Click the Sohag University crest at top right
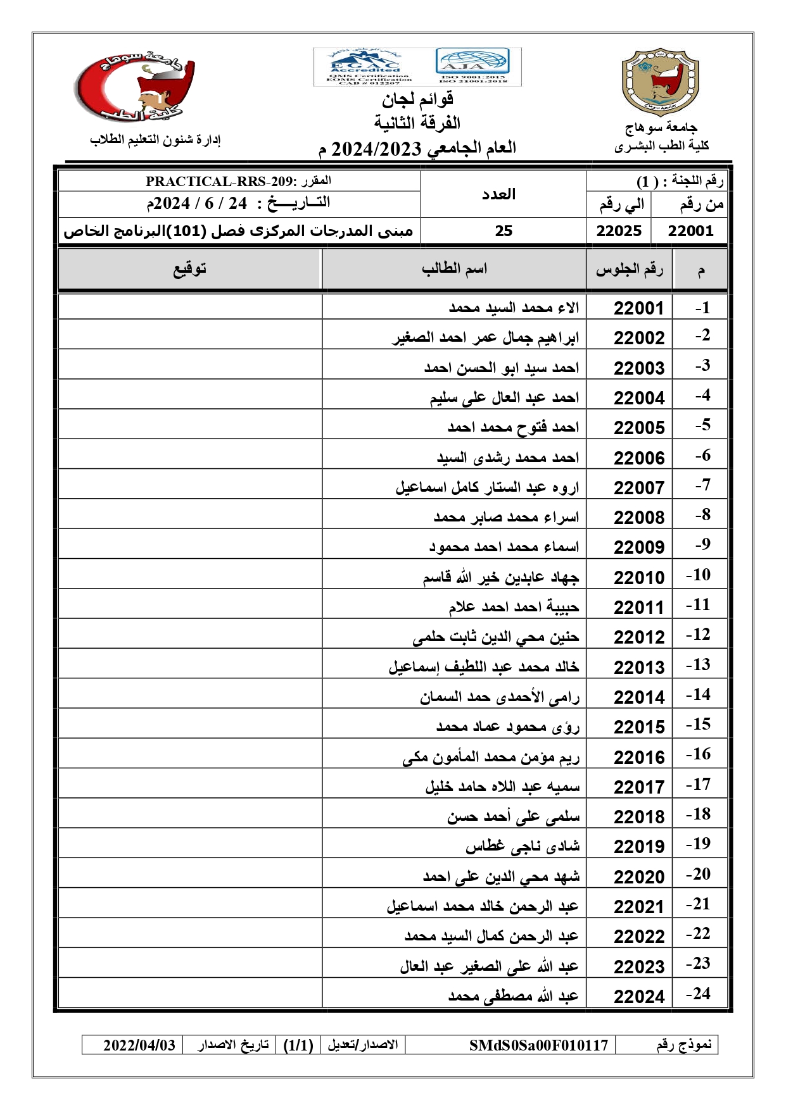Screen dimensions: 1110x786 [660, 82]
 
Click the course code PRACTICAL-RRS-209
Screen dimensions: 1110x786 [219, 182]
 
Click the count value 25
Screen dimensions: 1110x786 [504, 231]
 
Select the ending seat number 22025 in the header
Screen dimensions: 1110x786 [618, 231]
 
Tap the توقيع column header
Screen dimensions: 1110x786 [190, 269]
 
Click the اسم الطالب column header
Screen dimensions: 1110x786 [454, 269]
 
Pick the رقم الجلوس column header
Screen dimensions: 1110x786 [629, 270]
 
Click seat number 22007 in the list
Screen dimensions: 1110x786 [638, 488]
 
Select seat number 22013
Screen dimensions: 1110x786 [638, 668]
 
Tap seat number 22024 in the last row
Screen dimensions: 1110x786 [638, 997]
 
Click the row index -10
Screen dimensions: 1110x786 [698, 575]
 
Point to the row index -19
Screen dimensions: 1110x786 [698, 844]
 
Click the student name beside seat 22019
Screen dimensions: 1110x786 [523, 846]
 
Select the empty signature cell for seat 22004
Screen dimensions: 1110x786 [190, 394]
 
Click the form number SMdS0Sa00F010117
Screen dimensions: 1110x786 [538, 1045]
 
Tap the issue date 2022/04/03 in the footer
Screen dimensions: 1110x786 [139, 1045]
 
